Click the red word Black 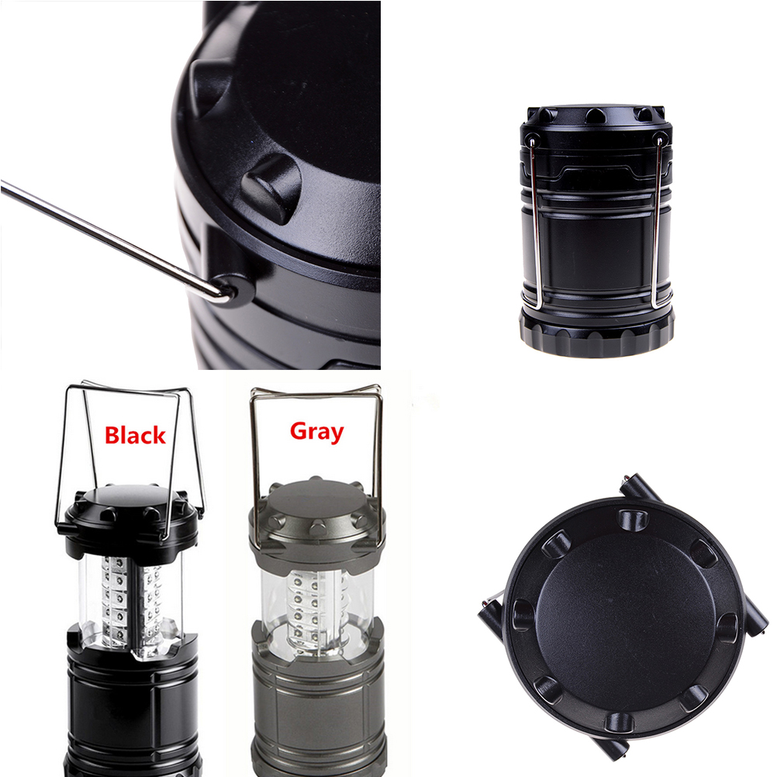(x=135, y=435)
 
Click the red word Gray (x=316, y=432)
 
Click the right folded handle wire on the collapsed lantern (x=657, y=223)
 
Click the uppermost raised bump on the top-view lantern (x=633, y=520)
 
